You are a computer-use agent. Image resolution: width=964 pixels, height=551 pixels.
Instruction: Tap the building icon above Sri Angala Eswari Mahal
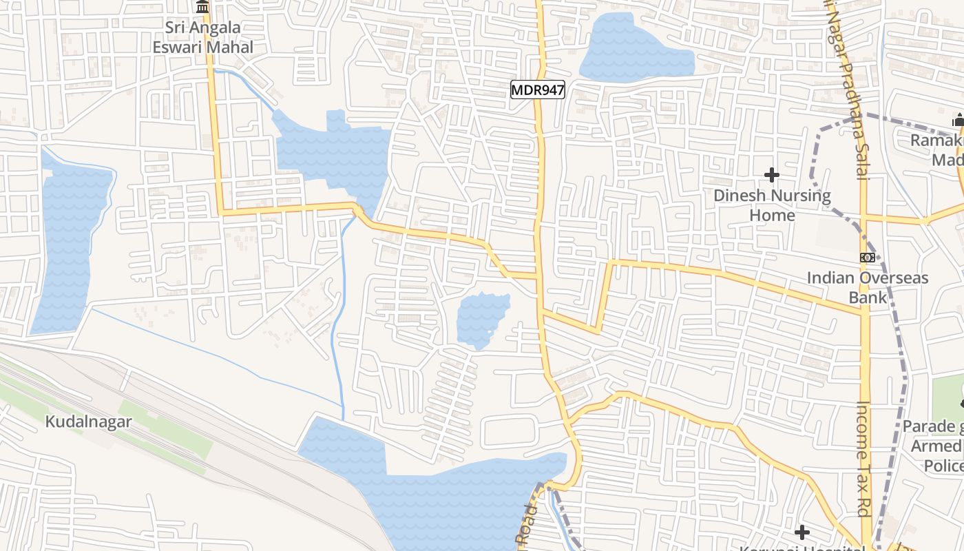(x=202, y=7)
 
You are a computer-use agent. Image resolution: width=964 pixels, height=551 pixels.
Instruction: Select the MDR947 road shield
(x=538, y=90)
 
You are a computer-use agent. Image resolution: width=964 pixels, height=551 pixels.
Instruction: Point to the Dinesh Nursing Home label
(x=772, y=205)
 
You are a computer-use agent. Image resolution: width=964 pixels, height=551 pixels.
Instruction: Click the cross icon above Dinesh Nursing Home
(x=772, y=175)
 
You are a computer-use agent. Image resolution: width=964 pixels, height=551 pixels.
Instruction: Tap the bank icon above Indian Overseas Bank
(x=868, y=258)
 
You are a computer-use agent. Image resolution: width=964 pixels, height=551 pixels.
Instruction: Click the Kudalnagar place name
(x=88, y=422)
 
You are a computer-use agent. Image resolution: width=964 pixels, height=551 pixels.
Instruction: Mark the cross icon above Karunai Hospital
(x=801, y=532)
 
